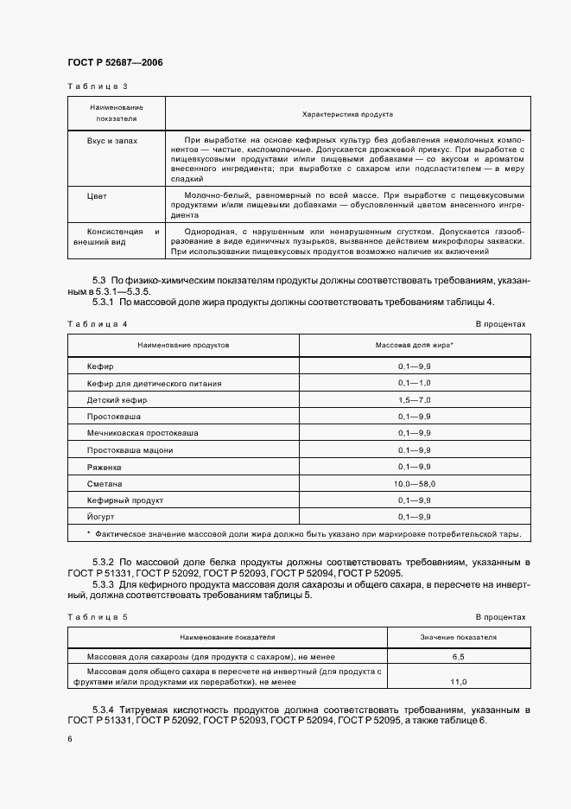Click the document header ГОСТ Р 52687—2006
point(115,63)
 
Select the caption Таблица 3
point(97,86)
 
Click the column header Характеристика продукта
point(347,113)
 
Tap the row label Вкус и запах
point(111,139)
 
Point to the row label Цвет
point(97,196)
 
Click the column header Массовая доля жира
point(415,345)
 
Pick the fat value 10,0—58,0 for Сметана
point(415,484)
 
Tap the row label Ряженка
point(105,468)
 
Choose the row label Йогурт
point(101,517)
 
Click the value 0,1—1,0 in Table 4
point(415,384)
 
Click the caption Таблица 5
point(97,617)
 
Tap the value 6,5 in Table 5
point(458,658)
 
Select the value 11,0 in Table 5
point(458,682)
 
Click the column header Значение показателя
point(458,637)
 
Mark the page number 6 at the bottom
point(70,739)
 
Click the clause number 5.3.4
point(106,710)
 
